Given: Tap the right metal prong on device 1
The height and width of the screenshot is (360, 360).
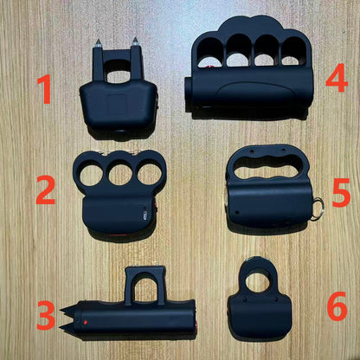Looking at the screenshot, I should point(135,42).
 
